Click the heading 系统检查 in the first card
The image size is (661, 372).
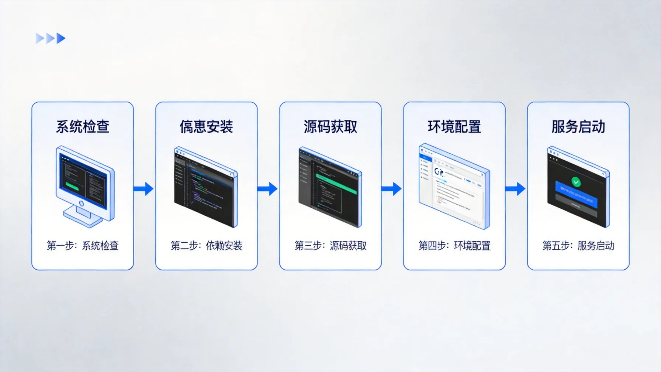click(83, 127)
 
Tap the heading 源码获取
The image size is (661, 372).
click(330, 127)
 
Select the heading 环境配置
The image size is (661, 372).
click(454, 127)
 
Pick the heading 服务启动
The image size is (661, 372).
click(578, 127)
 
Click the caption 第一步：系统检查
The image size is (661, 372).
click(83, 246)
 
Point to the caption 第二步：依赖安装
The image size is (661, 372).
click(207, 246)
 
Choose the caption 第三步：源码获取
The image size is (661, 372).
click(330, 246)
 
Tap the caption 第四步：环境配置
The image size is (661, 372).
click(454, 246)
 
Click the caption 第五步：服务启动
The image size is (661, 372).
click(578, 246)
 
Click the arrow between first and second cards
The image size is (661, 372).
click(144, 189)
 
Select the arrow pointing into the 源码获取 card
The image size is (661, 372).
click(268, 189)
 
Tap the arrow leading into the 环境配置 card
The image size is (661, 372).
click(392, 189)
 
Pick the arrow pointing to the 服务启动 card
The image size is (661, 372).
click(516, 189)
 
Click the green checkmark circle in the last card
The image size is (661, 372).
click(576, 182)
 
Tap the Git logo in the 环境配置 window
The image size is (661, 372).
click(439, 172)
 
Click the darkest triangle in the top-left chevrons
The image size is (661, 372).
click(61, 38)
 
